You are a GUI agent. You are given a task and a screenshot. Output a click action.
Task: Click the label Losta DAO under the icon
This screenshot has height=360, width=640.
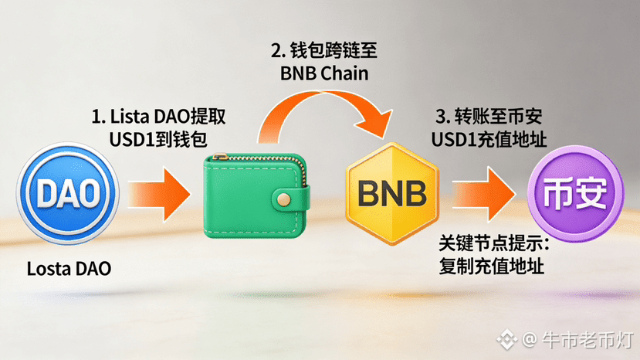click(x=69, y=270)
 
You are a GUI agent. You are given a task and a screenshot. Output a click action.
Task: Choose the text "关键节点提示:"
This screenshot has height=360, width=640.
click(x=493, y=243)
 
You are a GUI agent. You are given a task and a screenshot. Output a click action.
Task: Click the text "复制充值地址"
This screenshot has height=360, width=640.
click(x=493, y=266)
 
